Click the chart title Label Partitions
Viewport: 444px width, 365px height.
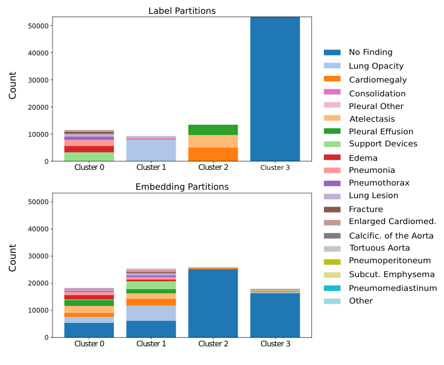click(x=182, y=11)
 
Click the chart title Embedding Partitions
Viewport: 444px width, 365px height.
click(x=182, y=187)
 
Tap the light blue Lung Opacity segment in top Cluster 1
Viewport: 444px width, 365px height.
click(x=151, y=150)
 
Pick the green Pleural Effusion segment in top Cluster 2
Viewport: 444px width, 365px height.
click(x=213, y=129)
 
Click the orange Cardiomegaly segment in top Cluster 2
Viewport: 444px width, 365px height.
click(x=213, y=154)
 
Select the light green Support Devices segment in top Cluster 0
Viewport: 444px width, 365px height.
click(x=89, y=157)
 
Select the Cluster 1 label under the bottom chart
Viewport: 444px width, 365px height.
click(x=151, y=344)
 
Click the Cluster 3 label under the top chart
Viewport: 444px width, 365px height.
click(x=274, y=167)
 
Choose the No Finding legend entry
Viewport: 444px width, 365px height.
click(x=370, y=52)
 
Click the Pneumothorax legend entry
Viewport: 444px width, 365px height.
click(x=379, y=183)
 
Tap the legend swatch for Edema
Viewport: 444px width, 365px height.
click(x=332, y=158)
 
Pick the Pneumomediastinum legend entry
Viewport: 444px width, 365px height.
click(x=393, y=289)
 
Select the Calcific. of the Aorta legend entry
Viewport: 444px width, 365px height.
click(x=391, y=236)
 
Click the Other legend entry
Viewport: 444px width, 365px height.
click(x=361, y=301)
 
